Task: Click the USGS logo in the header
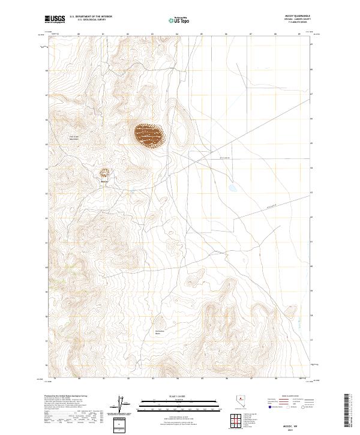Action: click(x=55, y=20)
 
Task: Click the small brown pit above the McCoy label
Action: click(x=104, y=173)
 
